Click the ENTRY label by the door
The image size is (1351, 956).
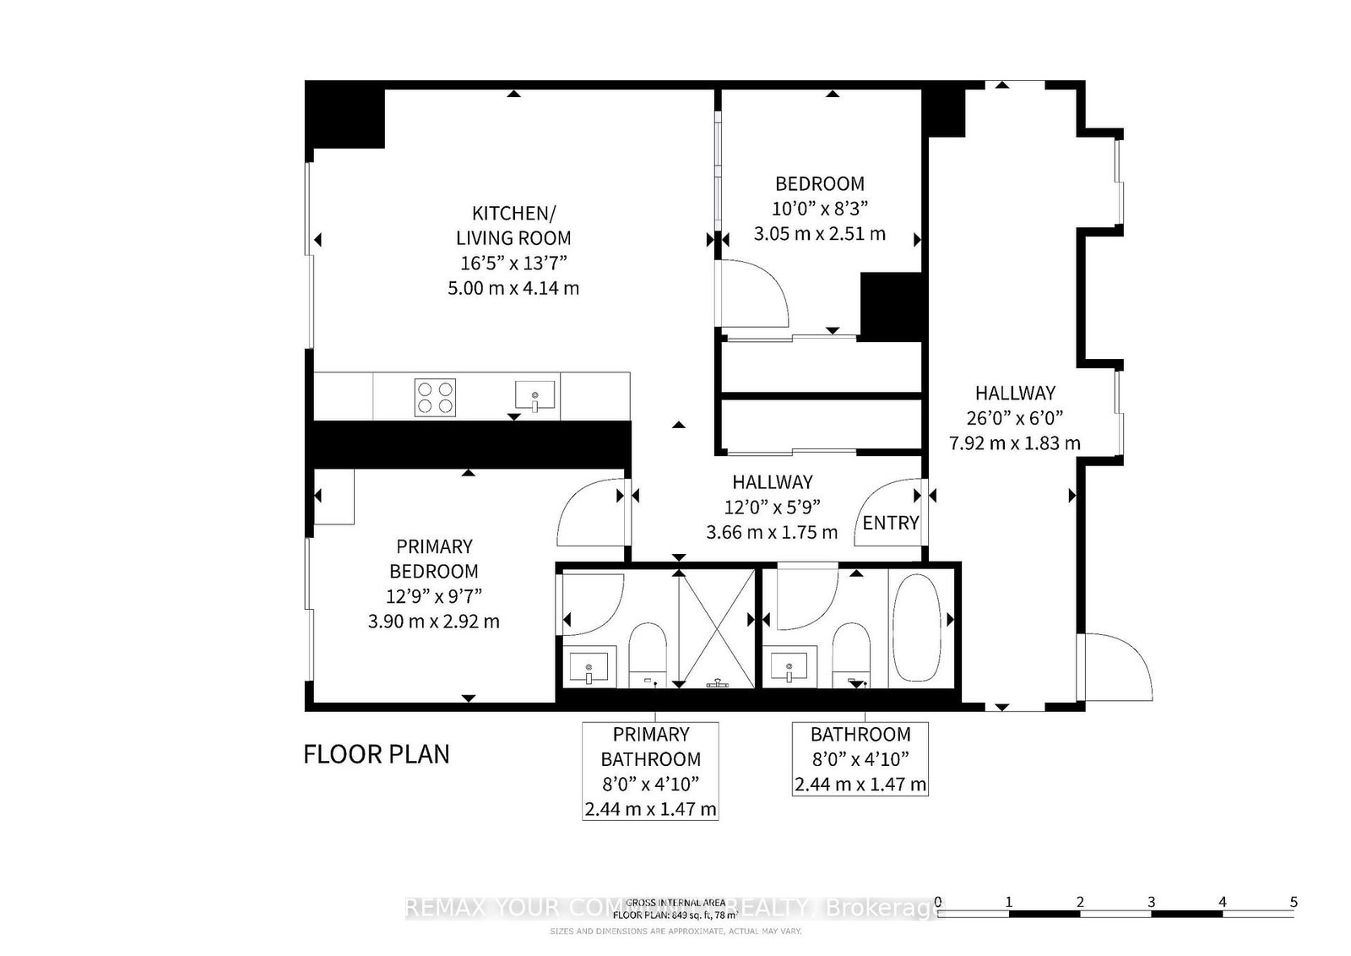coord(890,523)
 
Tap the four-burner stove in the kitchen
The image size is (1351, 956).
coord(436,397)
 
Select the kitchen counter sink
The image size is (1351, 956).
coord(535,396)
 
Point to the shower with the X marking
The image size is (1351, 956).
coord(717,627)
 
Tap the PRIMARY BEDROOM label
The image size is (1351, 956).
coord(434,558)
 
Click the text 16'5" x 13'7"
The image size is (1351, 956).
coord(513,263)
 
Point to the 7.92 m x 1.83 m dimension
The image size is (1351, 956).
coord(1015,443)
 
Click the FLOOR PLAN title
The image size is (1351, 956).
coord(377,753)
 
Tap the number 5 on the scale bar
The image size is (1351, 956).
coord(1293,901)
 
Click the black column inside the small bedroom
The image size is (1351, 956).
coord(890,306)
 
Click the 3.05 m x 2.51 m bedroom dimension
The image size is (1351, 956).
coord(819,233)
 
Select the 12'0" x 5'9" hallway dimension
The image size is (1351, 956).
coord(772,507)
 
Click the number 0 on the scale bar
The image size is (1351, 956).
coord(938,901)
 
